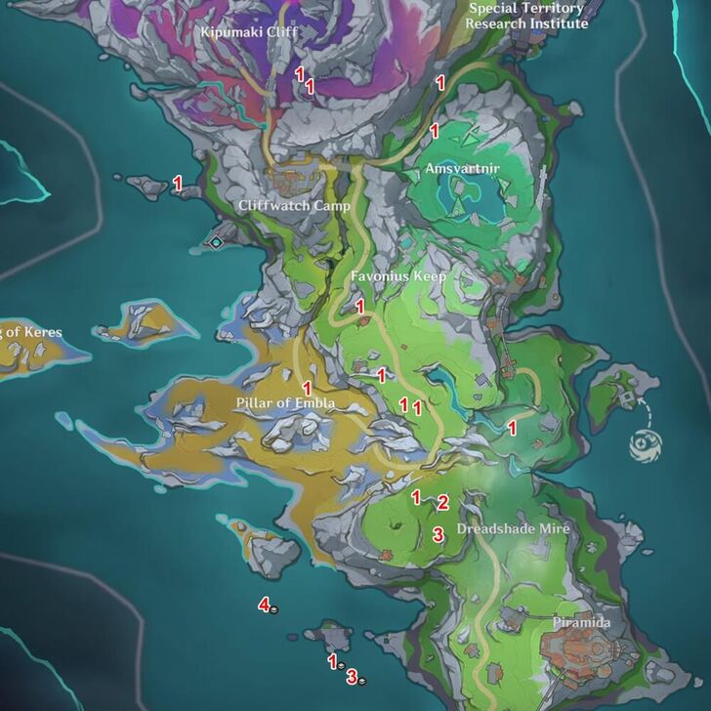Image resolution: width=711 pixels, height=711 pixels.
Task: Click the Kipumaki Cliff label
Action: tap(248, 32)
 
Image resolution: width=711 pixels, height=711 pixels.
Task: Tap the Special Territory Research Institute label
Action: tap(526, 15)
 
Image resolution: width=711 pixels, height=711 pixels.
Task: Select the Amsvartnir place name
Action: tap(463, 169)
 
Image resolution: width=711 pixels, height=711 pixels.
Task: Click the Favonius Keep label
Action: tap(398, 276)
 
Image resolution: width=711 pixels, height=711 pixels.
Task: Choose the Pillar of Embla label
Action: tap(285, 403)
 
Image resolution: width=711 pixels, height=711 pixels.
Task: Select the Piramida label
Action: tap(581, 623)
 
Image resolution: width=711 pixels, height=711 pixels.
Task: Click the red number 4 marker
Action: tap(264, 605)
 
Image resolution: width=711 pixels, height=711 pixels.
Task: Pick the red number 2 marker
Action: tap(442, 503)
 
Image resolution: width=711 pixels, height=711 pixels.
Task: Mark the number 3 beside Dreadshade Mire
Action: tap(439, 533)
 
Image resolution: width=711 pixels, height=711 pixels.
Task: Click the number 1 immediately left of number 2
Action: tap(415, 497)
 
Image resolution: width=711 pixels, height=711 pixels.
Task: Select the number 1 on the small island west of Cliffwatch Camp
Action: tap(178, 182)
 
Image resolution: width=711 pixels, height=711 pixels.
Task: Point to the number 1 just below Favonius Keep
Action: tap(359, 307)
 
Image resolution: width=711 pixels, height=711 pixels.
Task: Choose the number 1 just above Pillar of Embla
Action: tap(307, 388)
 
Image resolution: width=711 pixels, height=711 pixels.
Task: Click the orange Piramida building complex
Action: tap(581, 650)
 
